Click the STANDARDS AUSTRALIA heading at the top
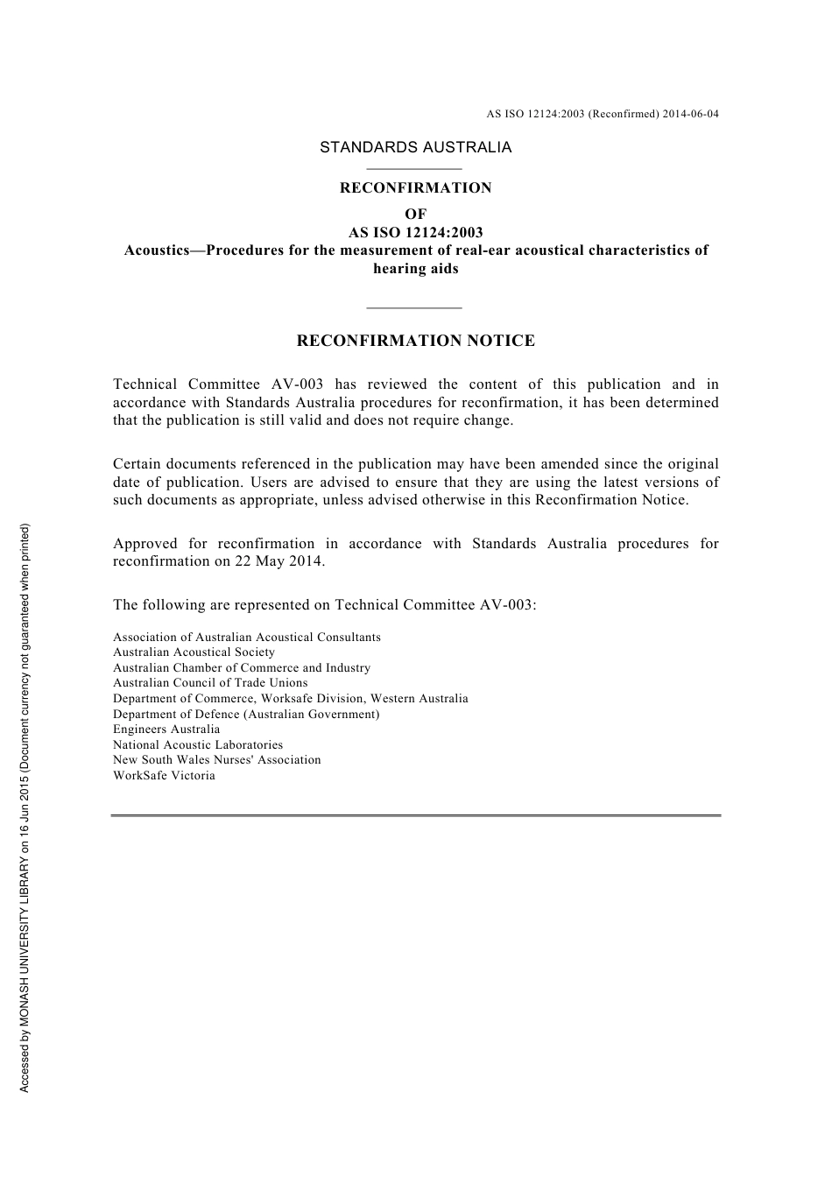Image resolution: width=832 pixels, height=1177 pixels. (x=415, y=147)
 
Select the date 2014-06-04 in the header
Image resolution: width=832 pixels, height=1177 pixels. (x=691, y=114)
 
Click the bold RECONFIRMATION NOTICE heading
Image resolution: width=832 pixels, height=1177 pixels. (x=415, y=342)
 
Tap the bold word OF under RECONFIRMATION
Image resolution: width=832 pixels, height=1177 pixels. (x=416, y=214)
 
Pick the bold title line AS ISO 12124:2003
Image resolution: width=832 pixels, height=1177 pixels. (x=415, y=233)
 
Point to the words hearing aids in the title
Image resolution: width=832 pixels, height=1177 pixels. (x=415, y=269)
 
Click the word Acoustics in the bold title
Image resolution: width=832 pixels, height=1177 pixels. (x=157, y=250)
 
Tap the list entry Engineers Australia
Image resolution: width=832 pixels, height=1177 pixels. (x=166, y=729)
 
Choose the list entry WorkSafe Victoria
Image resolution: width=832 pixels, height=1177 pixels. (x=164, y=776)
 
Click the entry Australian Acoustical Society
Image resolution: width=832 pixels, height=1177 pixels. (x=194, y=652)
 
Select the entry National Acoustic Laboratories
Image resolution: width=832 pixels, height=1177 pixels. (x=198, y=745)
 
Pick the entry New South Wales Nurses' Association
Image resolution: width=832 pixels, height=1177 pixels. (x=216, y=760)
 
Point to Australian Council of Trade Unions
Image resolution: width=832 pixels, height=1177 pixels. (x=210, y=683)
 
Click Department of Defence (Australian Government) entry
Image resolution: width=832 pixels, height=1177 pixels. (x=246, y=715)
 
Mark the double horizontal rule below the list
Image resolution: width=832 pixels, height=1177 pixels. (x=415, y=816)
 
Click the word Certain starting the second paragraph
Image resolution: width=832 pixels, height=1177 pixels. (x=137, y=464)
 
